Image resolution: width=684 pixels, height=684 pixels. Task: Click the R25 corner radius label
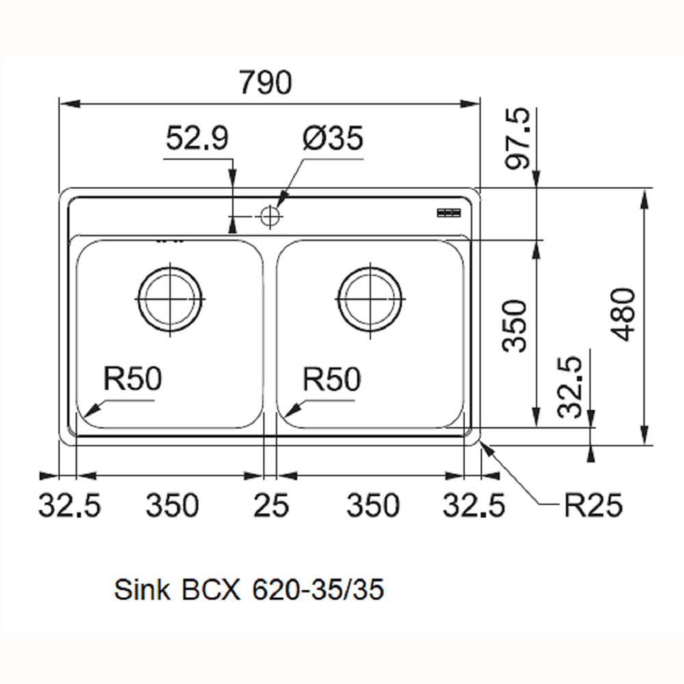pyautogui.click(x=593, y=506)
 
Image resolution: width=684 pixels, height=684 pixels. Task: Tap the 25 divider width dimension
pyautogui.click(x=271, y=506)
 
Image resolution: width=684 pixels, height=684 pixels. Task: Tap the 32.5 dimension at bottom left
pyautogui.click(x=69, y=506)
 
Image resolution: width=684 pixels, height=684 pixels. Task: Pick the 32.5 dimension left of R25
pyautogui.click(x=474, y=506)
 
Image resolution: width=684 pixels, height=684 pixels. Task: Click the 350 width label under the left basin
pyautogui.click(x=172, y=506)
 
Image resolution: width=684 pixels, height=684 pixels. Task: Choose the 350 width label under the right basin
pyautogui.click(x=373, y=506)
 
